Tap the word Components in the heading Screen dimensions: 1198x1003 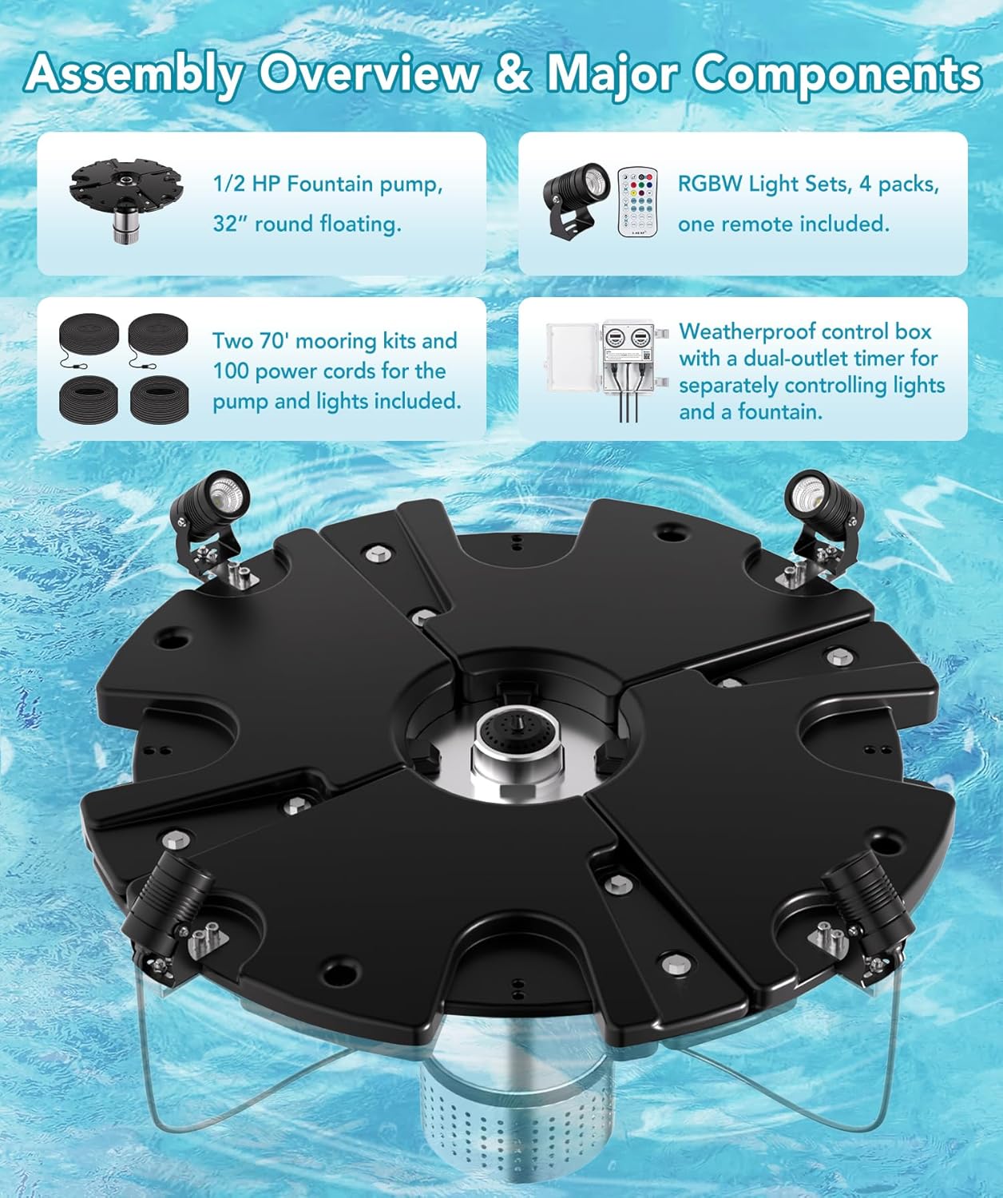pos(837,74)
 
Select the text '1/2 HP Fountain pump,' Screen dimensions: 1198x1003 pos(327,184)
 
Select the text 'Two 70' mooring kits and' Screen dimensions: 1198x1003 pos(335,341)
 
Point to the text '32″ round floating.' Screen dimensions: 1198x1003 pos(307,224)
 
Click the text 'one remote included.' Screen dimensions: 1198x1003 pos(783,224)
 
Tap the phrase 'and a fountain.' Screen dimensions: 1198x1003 pos(750,412)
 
